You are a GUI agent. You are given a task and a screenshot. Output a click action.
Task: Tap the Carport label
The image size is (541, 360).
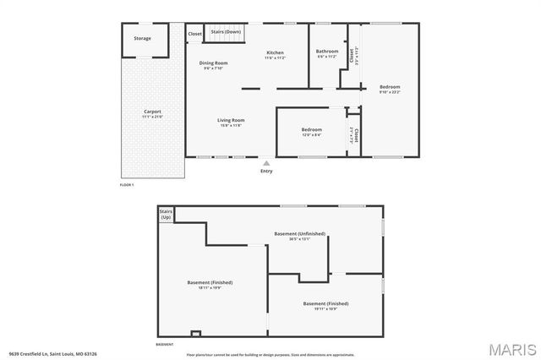tap(152, 112)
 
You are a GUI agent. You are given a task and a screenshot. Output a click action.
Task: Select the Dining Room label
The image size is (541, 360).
tap(214, 63)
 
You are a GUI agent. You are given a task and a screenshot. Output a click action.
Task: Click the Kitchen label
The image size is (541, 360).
tap(275, 52)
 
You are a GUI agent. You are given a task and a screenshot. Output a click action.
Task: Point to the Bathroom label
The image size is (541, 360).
tap(327, 52)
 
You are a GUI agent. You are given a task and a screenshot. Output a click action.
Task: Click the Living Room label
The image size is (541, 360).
tap(231, 121)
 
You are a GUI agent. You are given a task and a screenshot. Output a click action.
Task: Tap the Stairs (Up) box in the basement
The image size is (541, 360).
tap(166, 215)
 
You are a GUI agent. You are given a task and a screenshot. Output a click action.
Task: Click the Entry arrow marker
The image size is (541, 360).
tap(267, 163)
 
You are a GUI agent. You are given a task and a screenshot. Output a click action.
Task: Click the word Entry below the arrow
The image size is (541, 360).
tap(267, 172)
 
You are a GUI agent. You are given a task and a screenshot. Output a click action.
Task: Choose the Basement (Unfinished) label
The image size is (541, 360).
tap(299, 233)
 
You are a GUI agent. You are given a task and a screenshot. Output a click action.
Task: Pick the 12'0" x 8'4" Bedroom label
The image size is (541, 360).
tap(311, 130)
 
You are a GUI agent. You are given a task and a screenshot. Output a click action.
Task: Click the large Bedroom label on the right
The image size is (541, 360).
tap(390, 87)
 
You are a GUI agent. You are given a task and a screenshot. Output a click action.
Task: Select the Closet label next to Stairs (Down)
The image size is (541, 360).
tap(194, 34)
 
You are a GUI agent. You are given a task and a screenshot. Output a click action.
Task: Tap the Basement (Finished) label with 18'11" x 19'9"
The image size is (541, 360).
tap(210, 282)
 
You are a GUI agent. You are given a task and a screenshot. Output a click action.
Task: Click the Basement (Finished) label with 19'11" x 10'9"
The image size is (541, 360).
tap(325, 303)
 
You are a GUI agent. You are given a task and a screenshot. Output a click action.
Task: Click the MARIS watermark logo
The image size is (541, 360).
tap(512, 348)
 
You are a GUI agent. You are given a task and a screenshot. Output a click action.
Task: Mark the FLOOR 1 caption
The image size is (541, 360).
tap(128, 184)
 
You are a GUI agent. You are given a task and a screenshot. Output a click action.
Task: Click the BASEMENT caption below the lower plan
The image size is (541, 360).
tap(165, 345)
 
